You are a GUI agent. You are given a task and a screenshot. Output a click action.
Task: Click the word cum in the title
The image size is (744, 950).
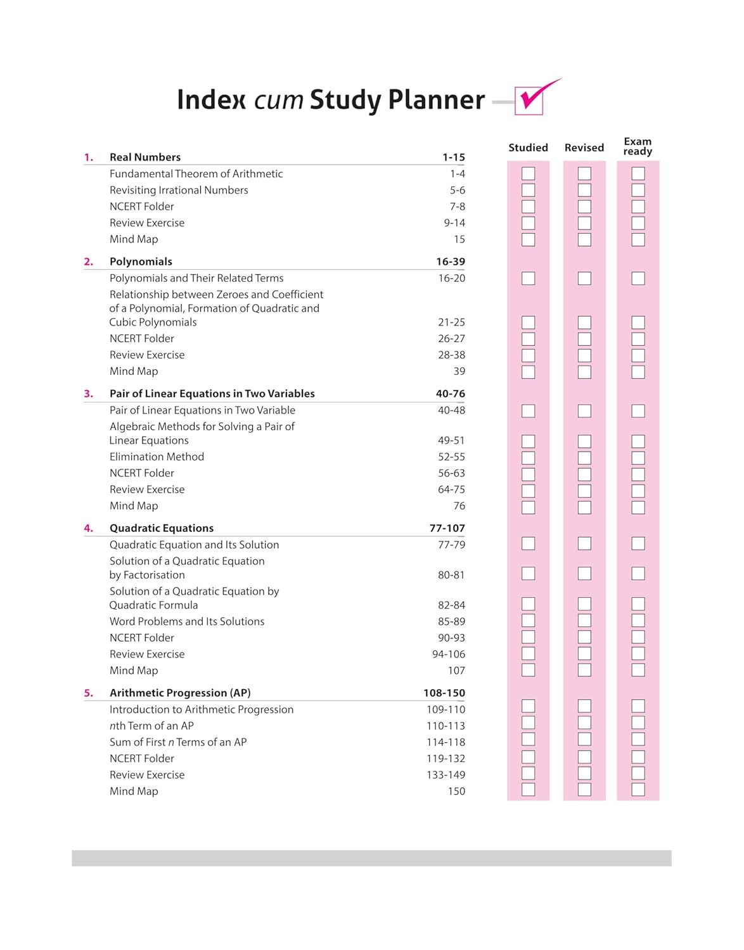[x=278, y=100]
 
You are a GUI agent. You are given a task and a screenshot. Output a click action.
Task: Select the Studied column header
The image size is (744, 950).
[x=528, y=148]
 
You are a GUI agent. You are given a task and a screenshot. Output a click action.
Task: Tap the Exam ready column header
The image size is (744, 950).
[x=638, y=146]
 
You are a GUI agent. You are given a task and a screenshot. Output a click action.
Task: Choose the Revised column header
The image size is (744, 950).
[x=584, y=148]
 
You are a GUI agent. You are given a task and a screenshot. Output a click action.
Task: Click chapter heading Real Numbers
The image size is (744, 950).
[x=145, y=157]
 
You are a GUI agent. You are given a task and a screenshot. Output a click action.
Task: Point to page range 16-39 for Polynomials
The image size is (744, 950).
[x=450, y=262]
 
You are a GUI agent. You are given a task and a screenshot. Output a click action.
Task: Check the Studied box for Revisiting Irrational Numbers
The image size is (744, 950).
[x=528, y=190]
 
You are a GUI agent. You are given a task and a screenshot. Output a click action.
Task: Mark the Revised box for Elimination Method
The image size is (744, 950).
[x=584, y=457]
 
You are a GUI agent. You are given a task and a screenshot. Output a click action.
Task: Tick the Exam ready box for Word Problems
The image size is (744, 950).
[x=638, y=621]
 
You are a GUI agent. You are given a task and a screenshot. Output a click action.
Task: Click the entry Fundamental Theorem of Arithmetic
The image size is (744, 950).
[x=196, y=174]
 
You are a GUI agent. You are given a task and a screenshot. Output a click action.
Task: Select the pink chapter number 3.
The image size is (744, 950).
[x=88, y=394]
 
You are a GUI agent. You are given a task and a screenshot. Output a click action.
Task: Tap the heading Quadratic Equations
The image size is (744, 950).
[x=162, y=528]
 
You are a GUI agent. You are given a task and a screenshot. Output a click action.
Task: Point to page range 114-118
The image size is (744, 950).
[x=446, y=742]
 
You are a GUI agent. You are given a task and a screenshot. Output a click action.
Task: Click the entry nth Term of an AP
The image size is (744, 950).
[x=151, y=726]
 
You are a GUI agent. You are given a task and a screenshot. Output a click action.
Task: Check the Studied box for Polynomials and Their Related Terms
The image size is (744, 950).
[x=528, y=278]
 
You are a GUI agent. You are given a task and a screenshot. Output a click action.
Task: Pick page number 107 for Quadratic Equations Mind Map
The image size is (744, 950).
[x=456, y=671]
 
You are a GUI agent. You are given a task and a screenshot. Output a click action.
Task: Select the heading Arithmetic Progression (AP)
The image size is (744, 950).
[x=180, y=693]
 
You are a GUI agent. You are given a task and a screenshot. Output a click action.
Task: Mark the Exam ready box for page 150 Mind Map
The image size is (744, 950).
[x=638, y=790]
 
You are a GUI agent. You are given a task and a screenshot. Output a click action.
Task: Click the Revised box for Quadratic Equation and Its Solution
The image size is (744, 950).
[x=584, y=543]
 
